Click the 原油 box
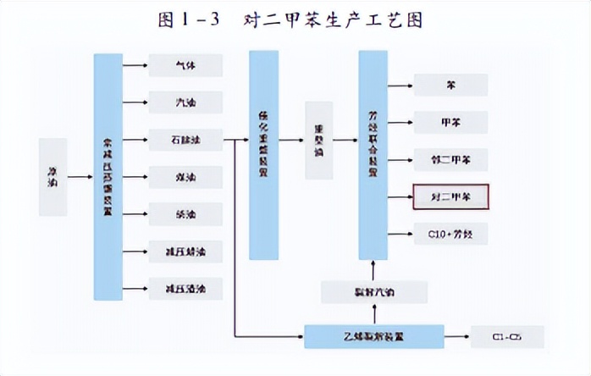point(52,177)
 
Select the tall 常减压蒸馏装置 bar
point(108,176)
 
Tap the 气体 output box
point(185,65)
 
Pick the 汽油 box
point(185,102)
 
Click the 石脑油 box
point(185,140)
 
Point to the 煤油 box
point(185,177)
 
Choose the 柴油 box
point(185,214)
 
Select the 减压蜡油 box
point(185,251)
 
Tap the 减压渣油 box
point(185,288)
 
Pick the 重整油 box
point(318,140)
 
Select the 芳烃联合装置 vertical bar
point(373,155)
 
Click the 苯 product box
point(450,85)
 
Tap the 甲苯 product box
point(450,121)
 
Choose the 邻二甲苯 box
point(450,158)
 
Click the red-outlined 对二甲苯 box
point(450,196)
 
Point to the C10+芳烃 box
point(450,233)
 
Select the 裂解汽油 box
point(373,292)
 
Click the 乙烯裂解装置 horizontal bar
point(373,335)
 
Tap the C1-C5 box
point(507,336)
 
